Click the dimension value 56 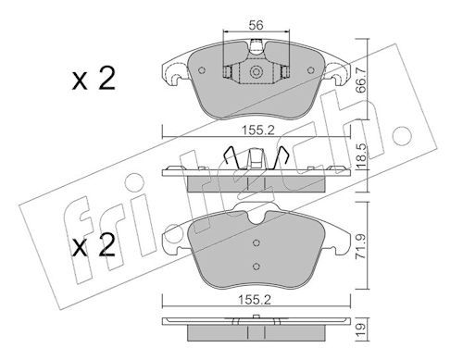256,25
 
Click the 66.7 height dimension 360,80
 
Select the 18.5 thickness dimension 360,156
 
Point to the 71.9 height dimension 360,245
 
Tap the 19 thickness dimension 360,330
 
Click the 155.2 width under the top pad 257,130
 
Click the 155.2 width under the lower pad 255,300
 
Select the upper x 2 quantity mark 94,79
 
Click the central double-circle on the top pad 256,72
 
